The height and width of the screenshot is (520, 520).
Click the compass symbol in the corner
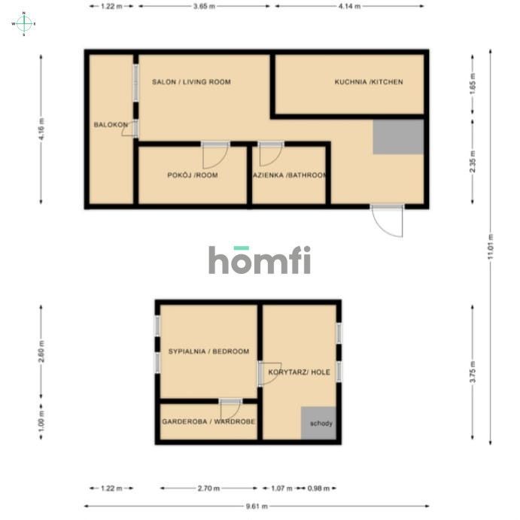point(23,23)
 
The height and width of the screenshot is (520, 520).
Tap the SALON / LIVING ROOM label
point(191,82)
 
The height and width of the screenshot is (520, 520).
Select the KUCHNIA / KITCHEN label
point(369,82)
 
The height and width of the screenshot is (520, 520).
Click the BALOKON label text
point(107,125)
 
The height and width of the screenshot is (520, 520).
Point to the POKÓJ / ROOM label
point(192,175)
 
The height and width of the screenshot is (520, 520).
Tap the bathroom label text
point(290,175)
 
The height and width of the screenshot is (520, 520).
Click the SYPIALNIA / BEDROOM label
point(208,351)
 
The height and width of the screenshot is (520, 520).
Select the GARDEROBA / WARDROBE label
point(208,422)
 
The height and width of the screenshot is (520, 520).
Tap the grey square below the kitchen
point(398,137)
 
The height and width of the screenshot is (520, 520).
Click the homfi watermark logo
point(260,260)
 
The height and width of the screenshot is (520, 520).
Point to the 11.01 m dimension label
point(491,247)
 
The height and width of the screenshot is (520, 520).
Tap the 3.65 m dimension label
point(205,6)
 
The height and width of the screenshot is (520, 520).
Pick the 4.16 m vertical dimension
point(41,129)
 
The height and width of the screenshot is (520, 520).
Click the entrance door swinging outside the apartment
point(388,221)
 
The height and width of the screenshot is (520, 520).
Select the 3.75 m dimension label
point(472,374)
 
